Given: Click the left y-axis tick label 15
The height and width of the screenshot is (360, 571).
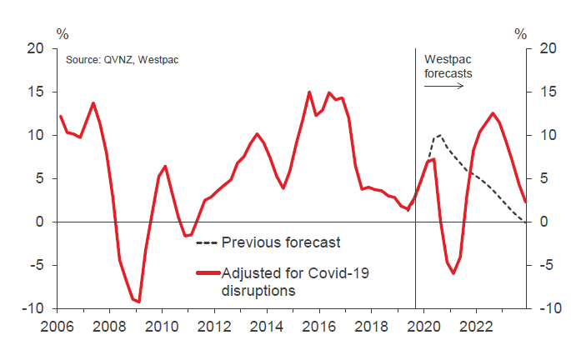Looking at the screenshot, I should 36,92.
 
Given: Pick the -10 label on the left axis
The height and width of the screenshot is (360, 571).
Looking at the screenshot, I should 33,308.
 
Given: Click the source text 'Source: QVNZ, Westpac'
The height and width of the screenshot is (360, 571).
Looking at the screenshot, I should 123,60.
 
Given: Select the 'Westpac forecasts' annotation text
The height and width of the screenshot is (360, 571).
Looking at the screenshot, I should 450,66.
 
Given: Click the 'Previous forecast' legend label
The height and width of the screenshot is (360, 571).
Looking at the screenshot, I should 281,242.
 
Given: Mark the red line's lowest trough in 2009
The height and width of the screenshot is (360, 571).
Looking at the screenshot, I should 138,301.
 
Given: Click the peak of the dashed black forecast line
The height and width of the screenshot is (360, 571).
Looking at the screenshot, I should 439,135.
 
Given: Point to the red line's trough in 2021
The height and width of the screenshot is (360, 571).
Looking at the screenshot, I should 453,272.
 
